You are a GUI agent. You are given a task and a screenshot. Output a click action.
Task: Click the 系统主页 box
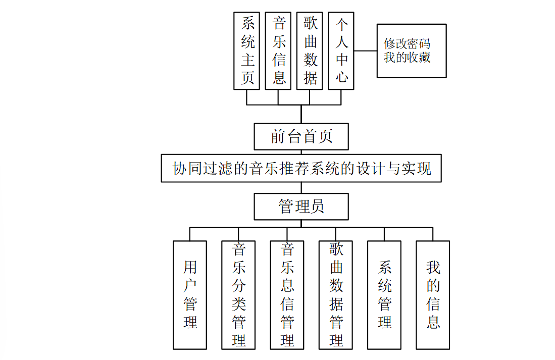[247, 50]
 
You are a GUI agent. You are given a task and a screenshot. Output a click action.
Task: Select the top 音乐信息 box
[278, 50]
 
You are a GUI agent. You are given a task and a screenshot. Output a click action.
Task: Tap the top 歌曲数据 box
[310, 50]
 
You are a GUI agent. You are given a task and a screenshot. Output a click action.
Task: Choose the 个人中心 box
[341, 50]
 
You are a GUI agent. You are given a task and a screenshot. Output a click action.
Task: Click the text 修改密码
[407, 43]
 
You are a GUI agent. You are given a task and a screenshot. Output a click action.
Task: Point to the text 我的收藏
[407, 57]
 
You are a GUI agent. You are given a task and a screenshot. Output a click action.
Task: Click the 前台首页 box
[301, 136]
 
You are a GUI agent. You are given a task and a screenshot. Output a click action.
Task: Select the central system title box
[301, 168]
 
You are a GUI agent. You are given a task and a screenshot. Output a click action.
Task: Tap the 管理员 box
[301, 207]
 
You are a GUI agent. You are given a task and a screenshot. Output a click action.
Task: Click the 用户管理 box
[190, 295]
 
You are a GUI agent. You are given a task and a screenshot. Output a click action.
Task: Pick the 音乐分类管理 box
[238, 295]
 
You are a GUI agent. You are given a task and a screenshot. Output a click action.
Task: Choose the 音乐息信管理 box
[287, 295]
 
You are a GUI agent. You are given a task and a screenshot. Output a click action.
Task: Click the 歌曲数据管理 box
[336, 295]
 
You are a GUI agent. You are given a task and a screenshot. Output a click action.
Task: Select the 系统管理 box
[384, 295]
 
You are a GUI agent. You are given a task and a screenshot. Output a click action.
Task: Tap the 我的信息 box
[433, 295]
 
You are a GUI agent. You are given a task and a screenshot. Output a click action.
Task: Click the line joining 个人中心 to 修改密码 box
[366, 50]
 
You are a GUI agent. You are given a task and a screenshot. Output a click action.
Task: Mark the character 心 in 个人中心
[342, 77]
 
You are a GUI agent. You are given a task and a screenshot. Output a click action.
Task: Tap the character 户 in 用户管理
[190, 286]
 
